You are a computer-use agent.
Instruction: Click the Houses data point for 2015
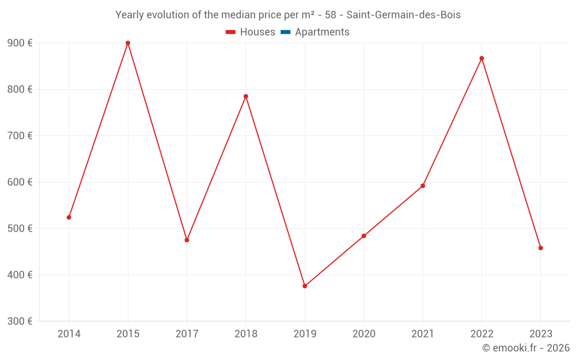tap(128, 43)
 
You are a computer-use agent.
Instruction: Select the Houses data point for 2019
tap(305, 286)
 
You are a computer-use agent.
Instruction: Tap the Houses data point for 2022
tap(482, 58)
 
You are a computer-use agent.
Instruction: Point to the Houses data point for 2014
tap(69, 217)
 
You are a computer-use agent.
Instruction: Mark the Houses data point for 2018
tap(246, 96)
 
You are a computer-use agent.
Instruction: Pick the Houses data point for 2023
tap(540, 248)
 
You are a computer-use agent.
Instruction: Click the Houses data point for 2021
tap(423, 185)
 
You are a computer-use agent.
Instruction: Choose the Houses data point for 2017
tap(187, 240)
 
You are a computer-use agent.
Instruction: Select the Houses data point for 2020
tap(363, 236)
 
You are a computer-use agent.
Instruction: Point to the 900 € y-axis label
tap(20, 43)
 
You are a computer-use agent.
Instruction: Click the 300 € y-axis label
tap(20, 321)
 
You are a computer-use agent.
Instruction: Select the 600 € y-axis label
tap(20, 182)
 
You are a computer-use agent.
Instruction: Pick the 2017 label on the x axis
tap(187, 334)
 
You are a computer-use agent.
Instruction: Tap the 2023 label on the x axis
tap(540, 334)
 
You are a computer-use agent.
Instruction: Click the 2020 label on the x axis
tap(363, 334)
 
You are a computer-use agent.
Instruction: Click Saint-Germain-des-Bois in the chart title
tap(403, 15)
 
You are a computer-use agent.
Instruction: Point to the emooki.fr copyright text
tap(525, 348)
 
